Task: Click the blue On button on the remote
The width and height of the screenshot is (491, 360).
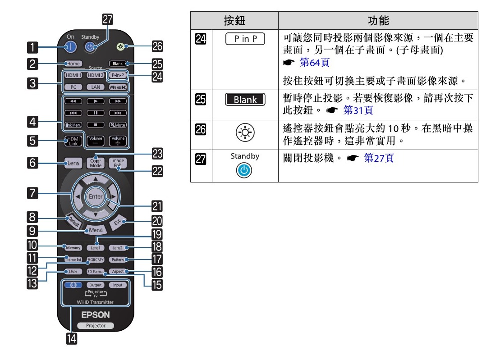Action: (x=71, y=46)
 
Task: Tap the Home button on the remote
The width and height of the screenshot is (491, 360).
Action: (x=73, y=64)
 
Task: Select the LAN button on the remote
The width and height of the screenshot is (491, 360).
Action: (x=96, y=87)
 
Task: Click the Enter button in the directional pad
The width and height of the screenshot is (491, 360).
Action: (x=96, y=197)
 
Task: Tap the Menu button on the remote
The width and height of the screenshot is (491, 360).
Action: (x=96, y=230)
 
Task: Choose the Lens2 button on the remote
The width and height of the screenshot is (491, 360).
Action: (x=117, y=248)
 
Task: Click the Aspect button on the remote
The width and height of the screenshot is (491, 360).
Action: (x=118, y=272)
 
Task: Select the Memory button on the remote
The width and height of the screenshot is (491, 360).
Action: (x=73, y=248)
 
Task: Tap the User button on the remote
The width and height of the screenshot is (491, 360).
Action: (x=73, y=272)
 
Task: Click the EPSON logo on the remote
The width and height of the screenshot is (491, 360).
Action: (x=96, y=314)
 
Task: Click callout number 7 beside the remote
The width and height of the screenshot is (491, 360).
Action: (x=32, y=194)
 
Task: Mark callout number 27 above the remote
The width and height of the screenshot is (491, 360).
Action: (x=107, y=19)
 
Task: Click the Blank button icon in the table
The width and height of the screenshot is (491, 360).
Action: (x=245, y=100)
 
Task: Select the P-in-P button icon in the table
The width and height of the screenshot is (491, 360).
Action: (x=245, y=39)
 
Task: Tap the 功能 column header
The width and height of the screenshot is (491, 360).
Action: (x=378, y=20)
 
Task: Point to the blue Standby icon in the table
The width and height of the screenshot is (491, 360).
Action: (x=245, y=171)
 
